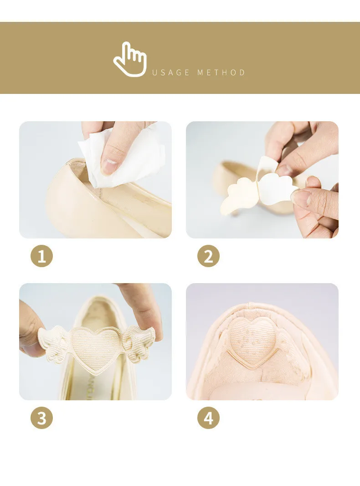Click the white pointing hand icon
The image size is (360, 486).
click(130, 59)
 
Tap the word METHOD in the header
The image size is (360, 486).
click(221, 72)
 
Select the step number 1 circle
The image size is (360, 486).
click(42, 256)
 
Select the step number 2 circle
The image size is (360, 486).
click(208, 256)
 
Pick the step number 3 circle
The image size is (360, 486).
click(42, 418)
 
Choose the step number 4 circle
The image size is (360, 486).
click(208, 418)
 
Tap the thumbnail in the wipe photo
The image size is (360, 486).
click(110, 167)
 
